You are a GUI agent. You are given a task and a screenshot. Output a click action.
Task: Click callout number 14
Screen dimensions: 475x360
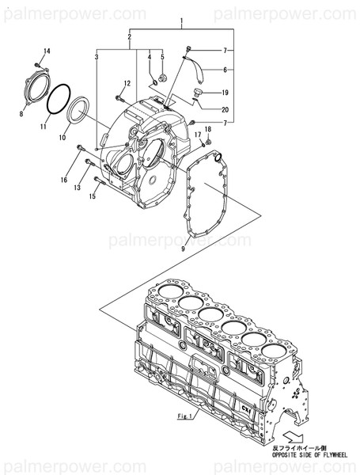click(x=46, y=51)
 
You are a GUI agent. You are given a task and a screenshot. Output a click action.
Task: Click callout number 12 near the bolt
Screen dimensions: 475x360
click(x=126, y=84)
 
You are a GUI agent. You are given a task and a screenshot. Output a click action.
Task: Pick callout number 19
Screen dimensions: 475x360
click(x=225, y=92)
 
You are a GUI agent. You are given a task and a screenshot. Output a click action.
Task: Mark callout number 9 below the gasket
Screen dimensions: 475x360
click(x=183, y=249)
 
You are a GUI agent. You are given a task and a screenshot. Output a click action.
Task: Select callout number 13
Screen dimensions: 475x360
click(x=78, y=188)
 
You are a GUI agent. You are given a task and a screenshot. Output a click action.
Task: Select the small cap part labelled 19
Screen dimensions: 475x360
click(x=198, y=95)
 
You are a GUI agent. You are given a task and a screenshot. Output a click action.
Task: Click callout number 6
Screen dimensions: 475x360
click(x=225, y=70)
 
